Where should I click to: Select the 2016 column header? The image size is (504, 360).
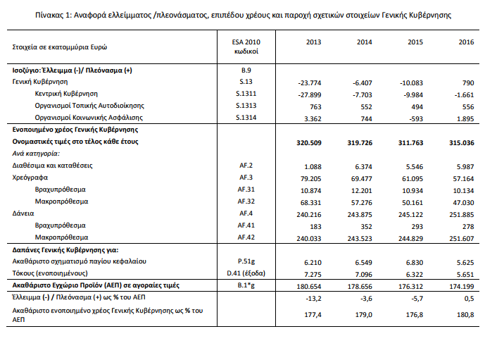[466, 43]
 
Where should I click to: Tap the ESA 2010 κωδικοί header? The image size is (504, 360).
[246, 47]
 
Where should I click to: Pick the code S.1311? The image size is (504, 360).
[246, 93]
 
